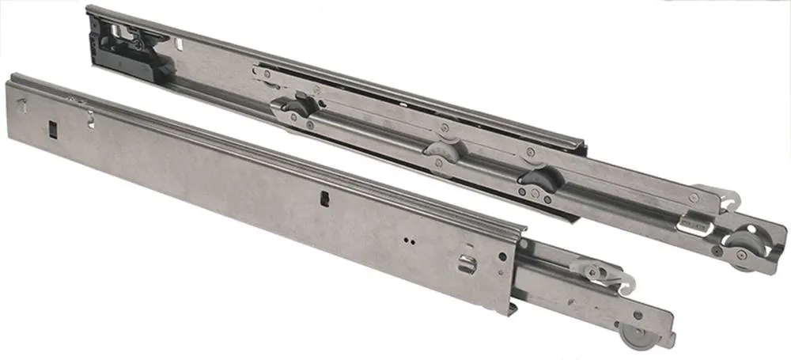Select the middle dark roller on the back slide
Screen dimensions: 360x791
441,149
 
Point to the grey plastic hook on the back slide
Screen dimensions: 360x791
713,195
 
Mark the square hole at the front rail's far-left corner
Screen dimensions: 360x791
21,100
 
